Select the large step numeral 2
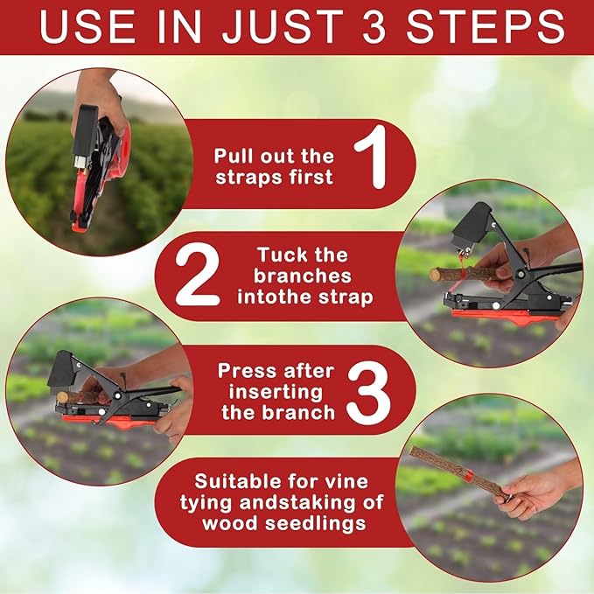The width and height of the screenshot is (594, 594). pos(197,276)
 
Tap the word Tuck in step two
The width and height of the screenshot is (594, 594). pos(278,255)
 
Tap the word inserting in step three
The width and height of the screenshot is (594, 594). pos(272,391)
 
